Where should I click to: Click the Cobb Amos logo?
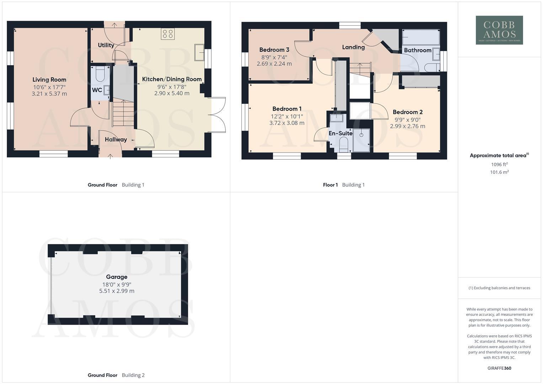point(499,30)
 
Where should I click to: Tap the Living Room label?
point(49,80)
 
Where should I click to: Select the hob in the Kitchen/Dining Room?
point(167,34)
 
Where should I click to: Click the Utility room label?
point(106,45)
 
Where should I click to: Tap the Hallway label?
point(116,140)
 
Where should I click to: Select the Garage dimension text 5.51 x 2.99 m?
point(117,291)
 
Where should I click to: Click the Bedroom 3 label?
point(274,50)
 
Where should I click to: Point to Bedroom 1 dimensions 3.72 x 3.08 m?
point(287,123)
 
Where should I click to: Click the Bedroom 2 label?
point(408,112)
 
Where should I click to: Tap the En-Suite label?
point(340,133)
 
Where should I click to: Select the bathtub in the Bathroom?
point(421,37)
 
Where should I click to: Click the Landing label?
point(353,47)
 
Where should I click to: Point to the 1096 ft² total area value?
point(499,164)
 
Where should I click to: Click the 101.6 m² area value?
point(499,172)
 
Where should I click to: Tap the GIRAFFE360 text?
point(499,368)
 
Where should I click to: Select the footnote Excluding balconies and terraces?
point(499,288)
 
